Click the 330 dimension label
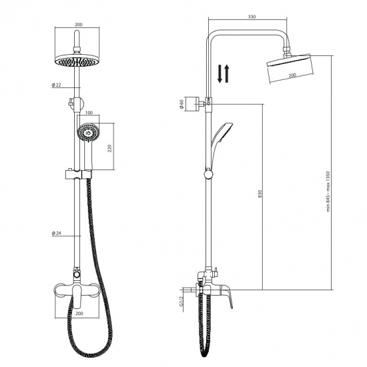pos(252,17)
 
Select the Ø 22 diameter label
pos(57,85)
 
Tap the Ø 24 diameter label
pos(57,233)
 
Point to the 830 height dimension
pos(260,194)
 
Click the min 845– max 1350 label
pos(328,192)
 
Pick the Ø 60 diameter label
pos(181,104)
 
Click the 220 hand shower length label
pos(110,148)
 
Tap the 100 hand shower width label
pos(89,113)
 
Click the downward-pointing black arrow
pos(220,73)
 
